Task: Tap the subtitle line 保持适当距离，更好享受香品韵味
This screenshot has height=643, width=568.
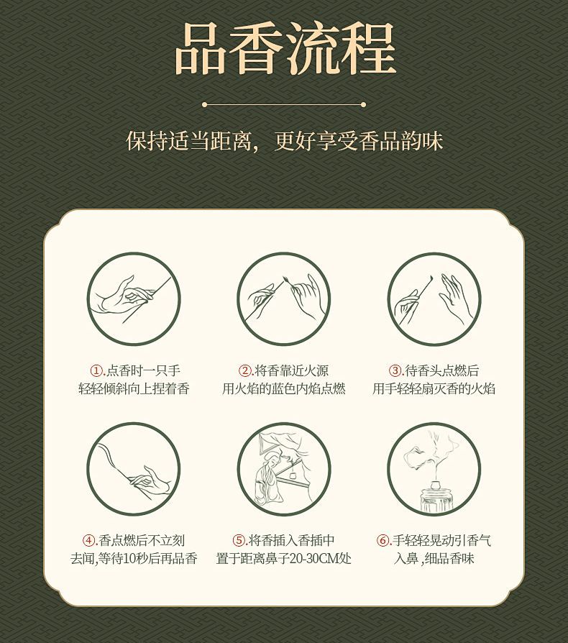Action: (x=285, y=141)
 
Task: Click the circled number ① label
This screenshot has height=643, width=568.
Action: (x=97, y=370)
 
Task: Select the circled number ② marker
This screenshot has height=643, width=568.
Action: (x=245, y=370)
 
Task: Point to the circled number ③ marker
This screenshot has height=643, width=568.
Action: (x=395, y=370)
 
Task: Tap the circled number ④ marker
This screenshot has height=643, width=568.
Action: (x=89, y=540)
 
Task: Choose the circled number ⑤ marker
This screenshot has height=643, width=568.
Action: (x=239, y=540)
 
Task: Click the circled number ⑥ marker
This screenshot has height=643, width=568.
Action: (x=383, y=540)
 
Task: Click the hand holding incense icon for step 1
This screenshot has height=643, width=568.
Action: (x=134, y=298)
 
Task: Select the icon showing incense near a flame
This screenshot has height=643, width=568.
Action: (x=283, y=298)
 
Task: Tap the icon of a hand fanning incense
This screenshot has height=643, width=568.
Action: (x=434, y=298)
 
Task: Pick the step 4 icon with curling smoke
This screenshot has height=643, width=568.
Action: (x=134, y=469)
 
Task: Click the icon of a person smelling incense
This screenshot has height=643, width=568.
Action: (x=283, y=469)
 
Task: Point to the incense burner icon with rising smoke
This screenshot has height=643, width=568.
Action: (x=434, y=469)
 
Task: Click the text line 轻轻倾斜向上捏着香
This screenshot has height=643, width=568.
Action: (x=134, y=388)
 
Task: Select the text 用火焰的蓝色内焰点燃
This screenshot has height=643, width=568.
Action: (x=283, y=388)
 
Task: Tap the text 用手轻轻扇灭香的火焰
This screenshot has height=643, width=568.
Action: (x=434, y=388)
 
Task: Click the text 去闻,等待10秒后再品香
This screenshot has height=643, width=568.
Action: (x=134, y=559)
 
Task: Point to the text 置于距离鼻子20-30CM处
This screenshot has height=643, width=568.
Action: (x=283, y=559)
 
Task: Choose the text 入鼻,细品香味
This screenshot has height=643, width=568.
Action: (x=434, y=559)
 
